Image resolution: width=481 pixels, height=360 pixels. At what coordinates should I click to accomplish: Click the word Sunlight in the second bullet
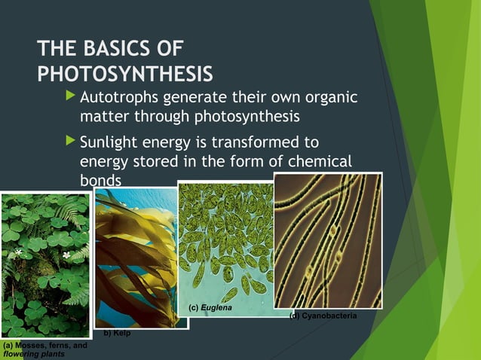coord(111,142)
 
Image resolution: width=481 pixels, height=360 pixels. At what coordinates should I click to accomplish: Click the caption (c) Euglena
coord(210,309)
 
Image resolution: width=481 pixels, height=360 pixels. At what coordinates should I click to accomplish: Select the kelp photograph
coord(136,256)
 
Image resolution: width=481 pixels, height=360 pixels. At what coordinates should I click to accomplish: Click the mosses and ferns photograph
coord(44,264)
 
